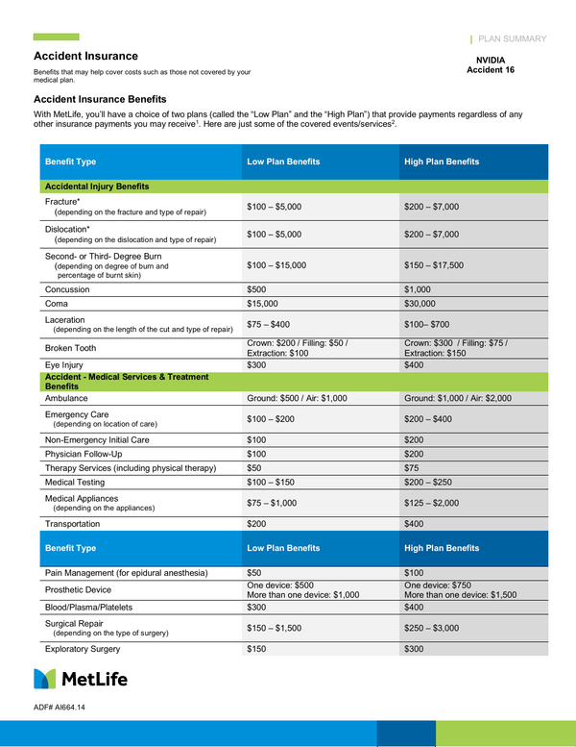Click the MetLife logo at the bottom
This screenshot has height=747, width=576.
coord(82,679)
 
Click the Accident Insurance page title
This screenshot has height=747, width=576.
coord(85,56)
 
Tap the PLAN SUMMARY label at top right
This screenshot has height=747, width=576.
coord(512,39)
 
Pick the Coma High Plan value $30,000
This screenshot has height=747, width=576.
coord(423,303)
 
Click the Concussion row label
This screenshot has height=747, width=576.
coord(67,289)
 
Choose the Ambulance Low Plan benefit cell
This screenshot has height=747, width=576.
coord(297,397)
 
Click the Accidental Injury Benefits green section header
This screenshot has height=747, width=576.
coord(96,187)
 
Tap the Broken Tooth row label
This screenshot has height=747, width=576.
coord(71,348)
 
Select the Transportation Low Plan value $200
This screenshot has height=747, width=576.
coord(257,523)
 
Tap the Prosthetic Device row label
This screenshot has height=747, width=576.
coord(78,589)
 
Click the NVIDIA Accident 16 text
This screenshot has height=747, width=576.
coord(496,64)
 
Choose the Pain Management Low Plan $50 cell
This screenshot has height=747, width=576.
coord(254,572)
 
